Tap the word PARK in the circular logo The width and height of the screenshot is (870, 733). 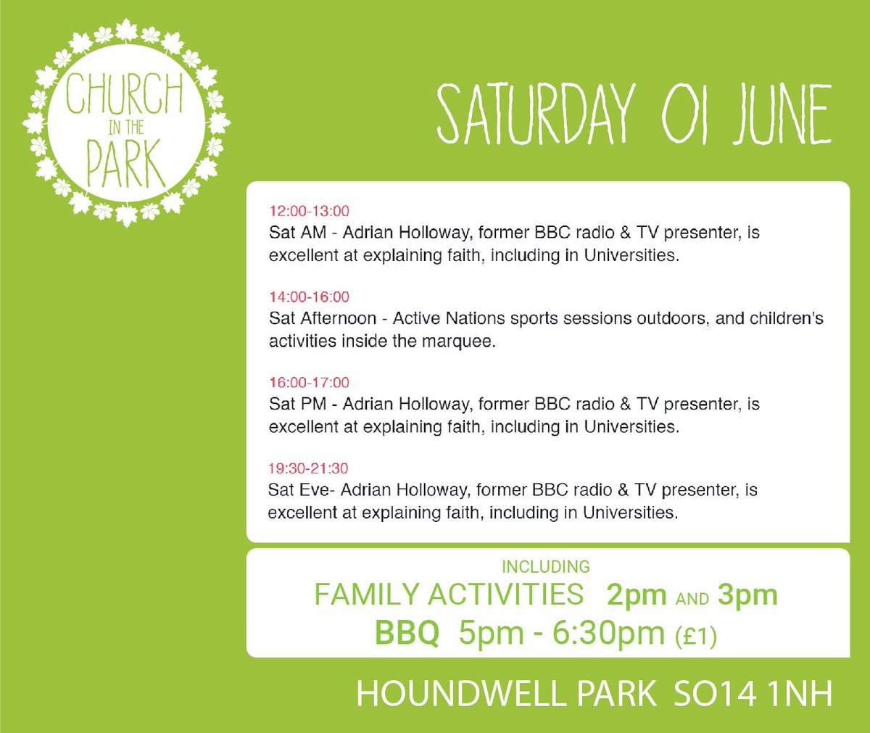[x=125, y=165]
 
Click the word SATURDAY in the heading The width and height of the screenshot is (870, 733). [x=536, y=115]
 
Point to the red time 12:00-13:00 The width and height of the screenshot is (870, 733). [x=309, y=211]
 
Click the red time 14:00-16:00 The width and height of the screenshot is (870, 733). [x=309, y=297]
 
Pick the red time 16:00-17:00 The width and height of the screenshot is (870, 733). [x=309, y=382]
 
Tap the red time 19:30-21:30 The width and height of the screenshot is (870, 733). [x=308, y=468]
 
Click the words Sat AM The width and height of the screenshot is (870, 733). [x=297, y=233]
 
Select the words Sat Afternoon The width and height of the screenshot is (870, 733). [x=323, y=318]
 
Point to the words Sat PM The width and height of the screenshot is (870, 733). [x=297, y=404]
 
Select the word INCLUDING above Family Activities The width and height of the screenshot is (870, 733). [x=546, y=566]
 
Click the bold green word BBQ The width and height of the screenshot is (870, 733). [x=407, y=633]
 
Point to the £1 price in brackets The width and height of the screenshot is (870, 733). [x=695, y=636]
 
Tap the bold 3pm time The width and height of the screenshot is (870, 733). [x=747, y=596]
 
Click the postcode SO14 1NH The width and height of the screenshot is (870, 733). [x=753, y=694]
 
